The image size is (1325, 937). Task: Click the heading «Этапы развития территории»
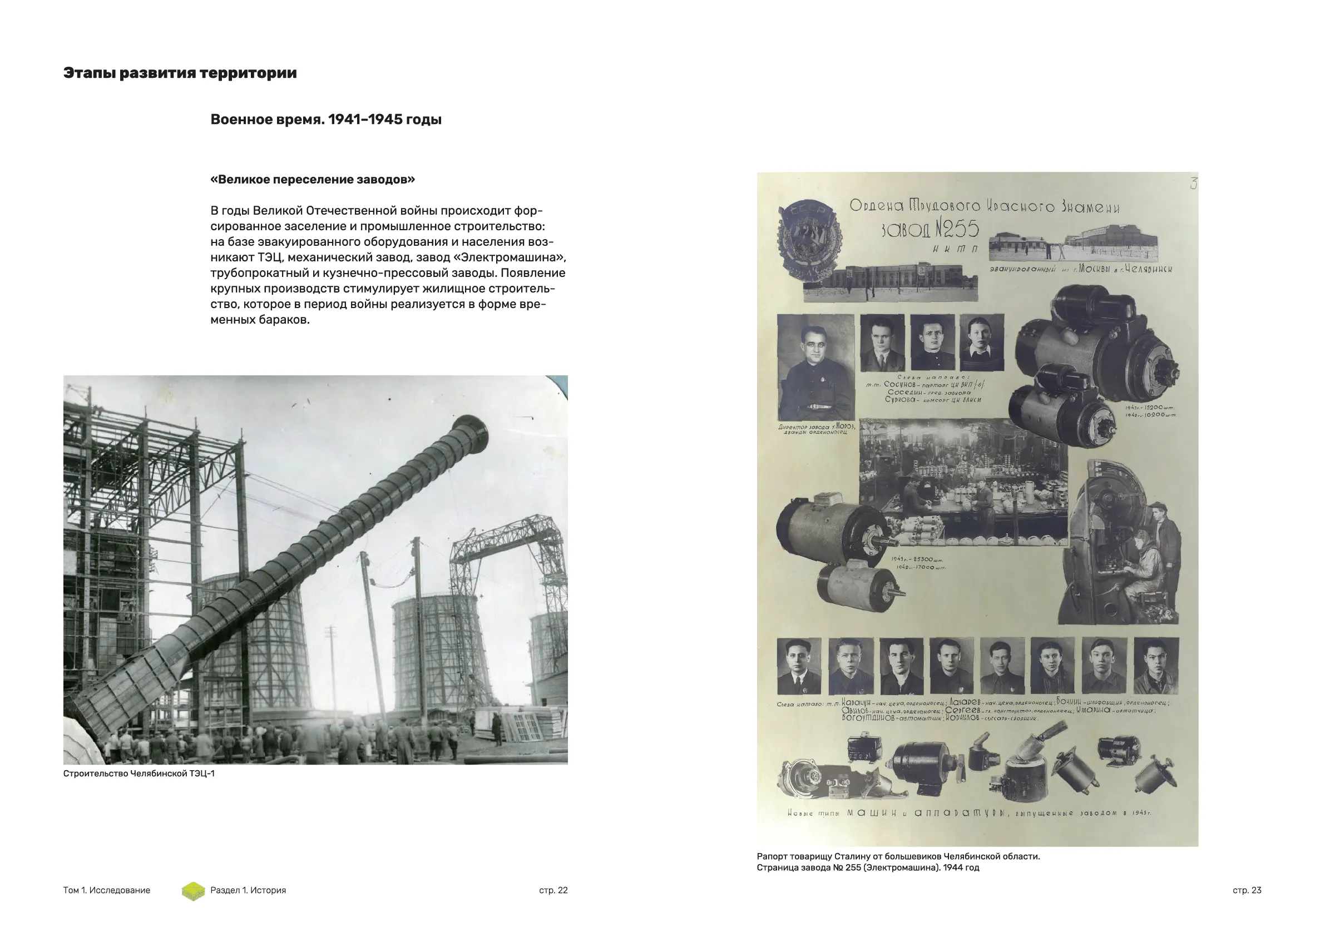pyautogui.click(x=180, y=73)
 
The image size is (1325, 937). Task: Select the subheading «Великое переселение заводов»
pyautogui.click(x=312, y=180)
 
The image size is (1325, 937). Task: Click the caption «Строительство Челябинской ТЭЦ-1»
pyautogui.click(x=139, y=774)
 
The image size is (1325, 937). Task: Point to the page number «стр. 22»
pyautogui.click(x=553, y=890)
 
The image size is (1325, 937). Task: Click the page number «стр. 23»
pyautogui.click(x=1247, y=890)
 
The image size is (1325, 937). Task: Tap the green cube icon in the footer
pyautogui.click(x=194, y=891)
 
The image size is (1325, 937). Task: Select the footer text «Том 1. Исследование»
pyautogui.click(x=106, y=890)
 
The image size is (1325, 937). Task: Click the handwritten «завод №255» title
pyautogui.click(x=930, y=230)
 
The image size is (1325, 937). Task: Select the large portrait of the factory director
pyautogui.click(x=815, y=367)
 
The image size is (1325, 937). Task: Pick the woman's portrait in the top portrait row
pyautogui.click(x=982, y=343)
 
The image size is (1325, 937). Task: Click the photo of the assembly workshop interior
pyautogui.click(x=962, y=482)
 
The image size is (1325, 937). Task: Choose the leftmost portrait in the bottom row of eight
pyautogui.click(x=799, y=666)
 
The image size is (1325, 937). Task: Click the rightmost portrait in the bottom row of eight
pyautogui.click(x=1156, y=666)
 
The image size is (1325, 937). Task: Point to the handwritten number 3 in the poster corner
pyautogui.click(x=1193, y=184)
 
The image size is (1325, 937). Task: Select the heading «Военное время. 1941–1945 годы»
pyautogui.click(x=325, y=120)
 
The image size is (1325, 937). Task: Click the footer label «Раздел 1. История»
pyautogui.click(x=248, y=890)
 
